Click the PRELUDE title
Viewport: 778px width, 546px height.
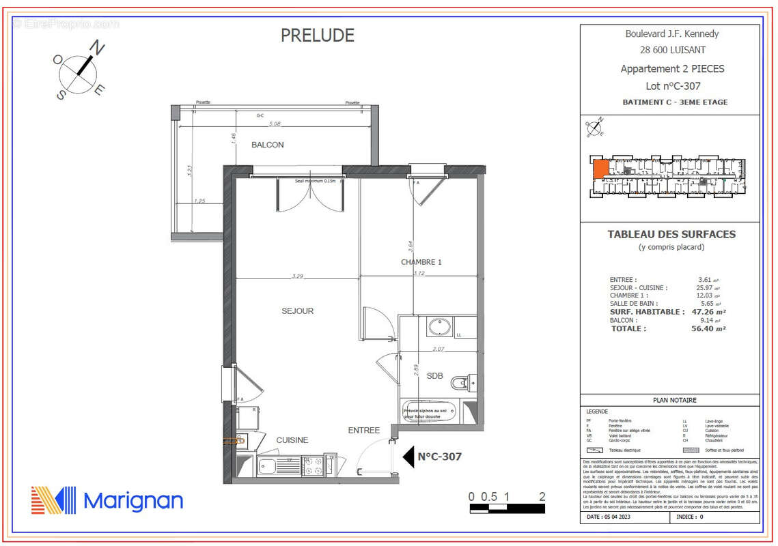(x=318, y=35)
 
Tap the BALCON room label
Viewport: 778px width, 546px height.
(x=267, y=145)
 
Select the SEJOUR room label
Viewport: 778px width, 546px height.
(x=297, y=311)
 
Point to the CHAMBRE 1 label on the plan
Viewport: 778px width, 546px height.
(x=421, y=262)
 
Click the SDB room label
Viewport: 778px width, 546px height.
(x=434, y=376)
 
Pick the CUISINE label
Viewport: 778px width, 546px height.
(x=292, y=440)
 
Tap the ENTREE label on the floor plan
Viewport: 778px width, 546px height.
(x=363, y=430)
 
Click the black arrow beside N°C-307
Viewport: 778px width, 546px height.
(x=408, y=457)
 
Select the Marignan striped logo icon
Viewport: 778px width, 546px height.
(x=53, y=500)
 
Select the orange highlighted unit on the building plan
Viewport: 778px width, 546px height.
(x=601, y=169)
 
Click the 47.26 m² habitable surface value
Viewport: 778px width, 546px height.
(x=708, y=312)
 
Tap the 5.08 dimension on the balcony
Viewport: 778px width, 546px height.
(x=275, y=124)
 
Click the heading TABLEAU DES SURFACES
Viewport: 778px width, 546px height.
(x=671, y=234)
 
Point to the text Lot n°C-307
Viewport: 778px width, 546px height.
(x=673, y=86)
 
